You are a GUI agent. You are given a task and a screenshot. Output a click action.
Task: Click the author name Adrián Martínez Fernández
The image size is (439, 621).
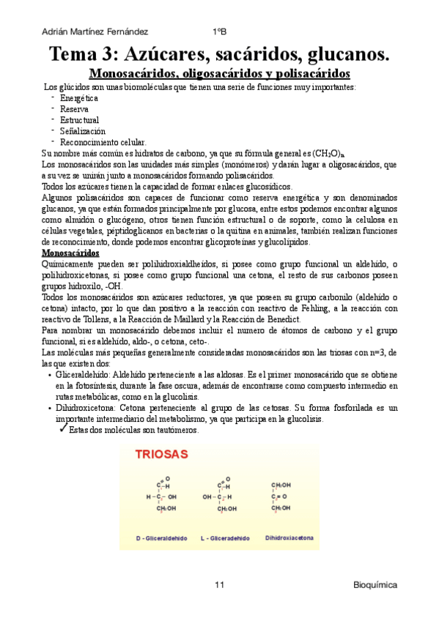tap(95, 31)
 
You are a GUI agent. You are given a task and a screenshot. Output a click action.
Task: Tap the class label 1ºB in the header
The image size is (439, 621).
tap(219, 31)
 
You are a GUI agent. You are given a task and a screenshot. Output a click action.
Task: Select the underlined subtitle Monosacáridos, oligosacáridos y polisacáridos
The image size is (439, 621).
tap(219, 74)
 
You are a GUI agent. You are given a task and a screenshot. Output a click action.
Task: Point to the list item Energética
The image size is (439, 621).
tap(79, 97)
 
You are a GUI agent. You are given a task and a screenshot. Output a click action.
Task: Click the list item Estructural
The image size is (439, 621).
tap(79, 119)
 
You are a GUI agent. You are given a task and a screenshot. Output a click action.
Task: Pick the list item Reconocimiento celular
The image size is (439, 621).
tap(103, 142)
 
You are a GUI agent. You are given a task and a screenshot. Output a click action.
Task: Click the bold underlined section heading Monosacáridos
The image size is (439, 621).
tap(70, 252)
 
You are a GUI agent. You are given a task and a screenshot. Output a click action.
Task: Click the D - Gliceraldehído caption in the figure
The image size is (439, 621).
tap(162, 538)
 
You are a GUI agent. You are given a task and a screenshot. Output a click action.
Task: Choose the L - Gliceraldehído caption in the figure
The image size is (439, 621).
tap(224, 538)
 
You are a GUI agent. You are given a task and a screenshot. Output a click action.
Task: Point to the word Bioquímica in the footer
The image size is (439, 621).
tap(375, 586)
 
